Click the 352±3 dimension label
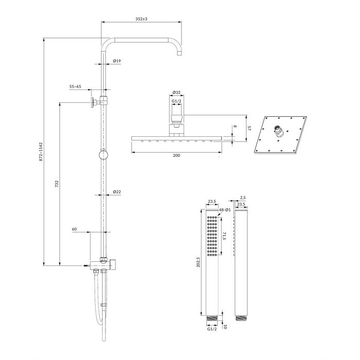click(141, 19)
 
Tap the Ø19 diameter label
click(117, 61)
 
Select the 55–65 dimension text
click(75, 86)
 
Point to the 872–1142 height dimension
click(41, 152)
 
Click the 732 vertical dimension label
click(57, 184)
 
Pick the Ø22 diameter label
click(117, 192)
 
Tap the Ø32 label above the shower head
click(176, 92)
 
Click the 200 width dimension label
click(176, 155)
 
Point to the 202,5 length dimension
click(199, 262)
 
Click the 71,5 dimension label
click(224, 236)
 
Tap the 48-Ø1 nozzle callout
click(225, 210)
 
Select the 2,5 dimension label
click(243, 197)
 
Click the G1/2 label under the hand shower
click(212, 329)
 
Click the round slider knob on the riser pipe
click(103, 155)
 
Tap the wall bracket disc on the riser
click(93, 102)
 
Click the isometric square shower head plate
click(281, 135)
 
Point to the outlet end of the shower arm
click(180, 53)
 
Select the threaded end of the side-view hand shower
click(241, 318)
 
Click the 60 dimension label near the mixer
click(74, 229)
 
